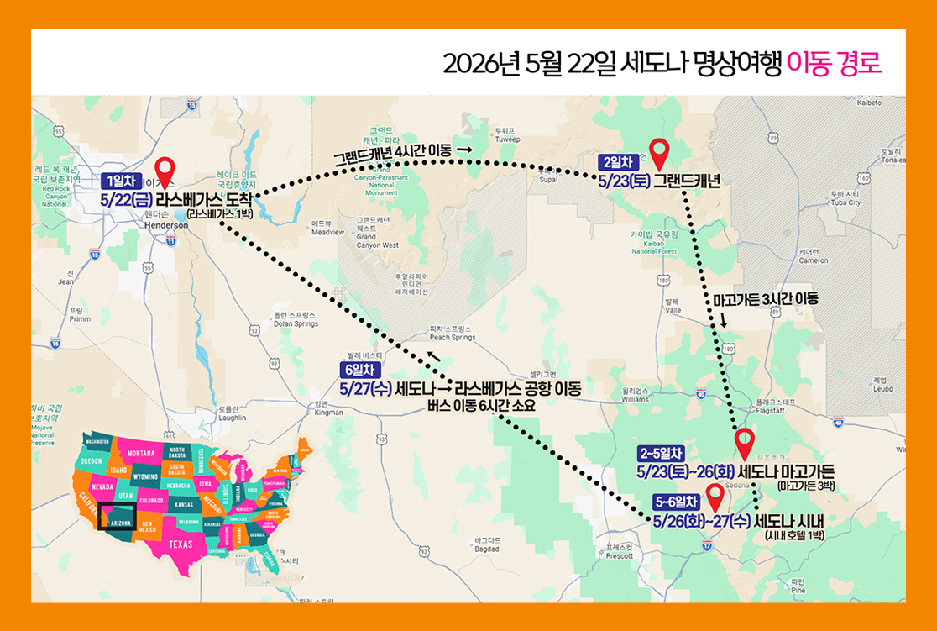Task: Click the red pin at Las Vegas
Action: click(165, 171)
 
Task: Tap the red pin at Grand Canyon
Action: click(659, 152)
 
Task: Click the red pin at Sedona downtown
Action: click(715, 497)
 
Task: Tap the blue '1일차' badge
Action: click(121, 180)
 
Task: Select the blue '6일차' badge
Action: click(361, 371)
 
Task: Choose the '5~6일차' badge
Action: click(676, 502)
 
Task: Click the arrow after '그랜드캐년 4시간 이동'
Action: click(464, 150)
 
